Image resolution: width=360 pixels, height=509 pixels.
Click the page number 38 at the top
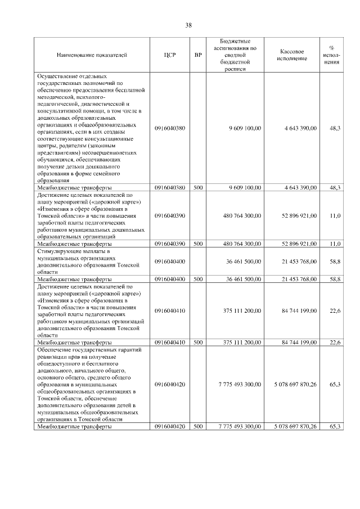click(x=188, y=25)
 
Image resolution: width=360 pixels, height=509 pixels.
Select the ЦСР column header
click(x=169, y=55)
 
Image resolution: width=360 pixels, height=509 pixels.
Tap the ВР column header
click(x=197, y=55)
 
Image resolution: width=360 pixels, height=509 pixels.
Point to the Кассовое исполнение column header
click(x=292, y=55)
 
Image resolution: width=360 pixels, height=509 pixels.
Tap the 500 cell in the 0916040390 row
click(x=197, y=244)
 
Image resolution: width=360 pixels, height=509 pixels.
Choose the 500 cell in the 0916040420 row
click(x=197, y=427)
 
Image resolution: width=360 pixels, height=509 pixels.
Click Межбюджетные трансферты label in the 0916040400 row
click(x=74, y=279)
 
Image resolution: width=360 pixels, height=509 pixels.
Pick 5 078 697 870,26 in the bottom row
click(x=289, y=427)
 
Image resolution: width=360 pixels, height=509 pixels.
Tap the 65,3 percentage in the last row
click(x=335, y=427)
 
